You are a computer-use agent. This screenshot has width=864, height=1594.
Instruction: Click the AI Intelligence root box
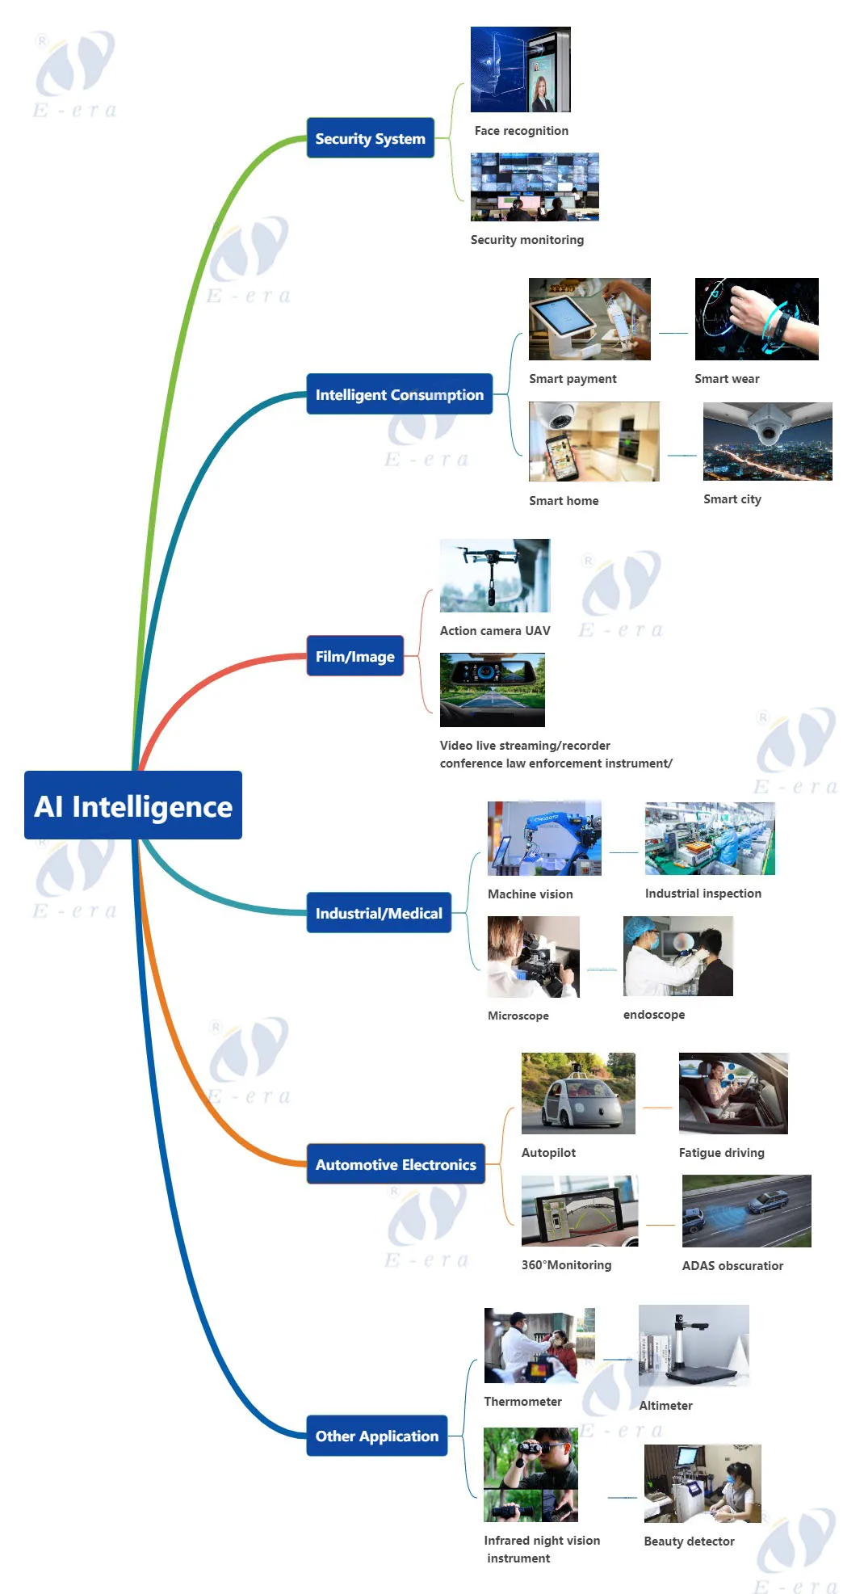(133, 805)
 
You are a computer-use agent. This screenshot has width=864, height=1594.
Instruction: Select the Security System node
(370, 138)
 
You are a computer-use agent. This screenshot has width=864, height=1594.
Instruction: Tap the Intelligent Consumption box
(399, 394)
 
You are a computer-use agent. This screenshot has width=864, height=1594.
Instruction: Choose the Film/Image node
(354, 656)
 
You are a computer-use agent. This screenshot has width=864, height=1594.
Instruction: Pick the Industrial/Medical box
(379, 913)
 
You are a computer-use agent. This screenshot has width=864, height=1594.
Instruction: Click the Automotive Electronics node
(396, 1164)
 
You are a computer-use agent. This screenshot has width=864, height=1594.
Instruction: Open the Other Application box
(376, 1436)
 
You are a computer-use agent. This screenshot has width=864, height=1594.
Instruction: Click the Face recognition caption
(521, 131)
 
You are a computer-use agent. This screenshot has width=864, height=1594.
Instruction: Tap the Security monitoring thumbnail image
(535, 187)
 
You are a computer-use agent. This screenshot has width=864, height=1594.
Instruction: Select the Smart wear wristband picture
(757, 318)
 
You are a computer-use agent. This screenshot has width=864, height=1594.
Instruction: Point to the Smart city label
(732, 499)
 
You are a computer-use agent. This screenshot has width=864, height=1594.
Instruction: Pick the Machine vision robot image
(544, 838)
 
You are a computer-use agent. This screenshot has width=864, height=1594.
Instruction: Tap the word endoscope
(653, 1015)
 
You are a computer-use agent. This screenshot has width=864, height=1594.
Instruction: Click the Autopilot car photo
(578, 1092)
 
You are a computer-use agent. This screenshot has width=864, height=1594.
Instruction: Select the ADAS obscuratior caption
(732, 1266)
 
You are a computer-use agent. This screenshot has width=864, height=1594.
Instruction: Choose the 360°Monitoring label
(566, 1265)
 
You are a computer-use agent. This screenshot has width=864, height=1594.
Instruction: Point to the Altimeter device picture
(694, 1345)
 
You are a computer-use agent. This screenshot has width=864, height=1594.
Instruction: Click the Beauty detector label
(689, 1541)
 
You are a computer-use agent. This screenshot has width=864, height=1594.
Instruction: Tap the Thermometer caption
(522, 1402)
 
